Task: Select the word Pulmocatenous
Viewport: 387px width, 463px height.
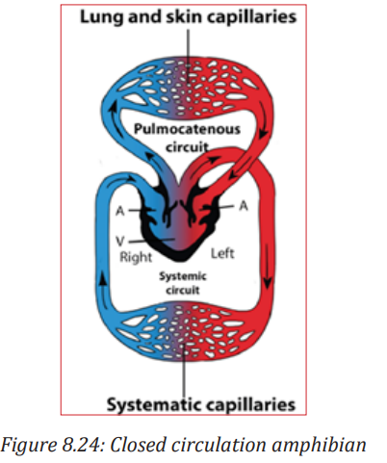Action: pyautogui.click(x=187, y=129)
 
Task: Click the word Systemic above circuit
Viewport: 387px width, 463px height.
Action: pyautogui.click(x=183, y=276)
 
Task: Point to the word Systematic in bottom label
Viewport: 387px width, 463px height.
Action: pyautogui.click(x=153, y=404)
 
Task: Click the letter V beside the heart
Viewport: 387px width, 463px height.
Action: pyautogui.click(x=120, y=242)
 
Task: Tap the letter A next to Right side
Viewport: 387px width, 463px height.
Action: pyautogui.click(x=120, y=211)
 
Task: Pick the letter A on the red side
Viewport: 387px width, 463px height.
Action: pyautogui.click(x=244, y=206)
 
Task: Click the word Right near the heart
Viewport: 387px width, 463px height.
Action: pyautogui.click(x=136, y=258)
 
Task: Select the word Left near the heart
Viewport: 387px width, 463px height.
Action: pyautogui.click(x=222, y=253)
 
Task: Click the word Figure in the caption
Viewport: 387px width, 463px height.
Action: pyautogui.click(x=28, y=447)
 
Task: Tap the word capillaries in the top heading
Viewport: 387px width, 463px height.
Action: pyautogui.click(x=251, y=18)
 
